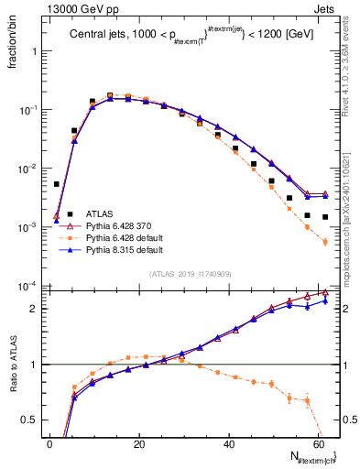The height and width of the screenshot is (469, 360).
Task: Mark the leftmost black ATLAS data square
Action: coord(57,184)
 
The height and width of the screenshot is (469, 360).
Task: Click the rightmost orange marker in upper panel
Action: coord(325,242)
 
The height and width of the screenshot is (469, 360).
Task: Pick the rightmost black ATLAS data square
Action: coord(325,217)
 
